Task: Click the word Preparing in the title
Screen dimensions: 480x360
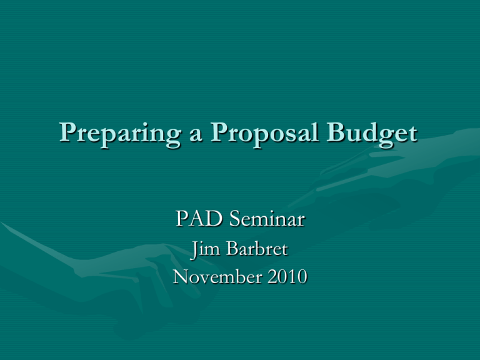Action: (120, 134)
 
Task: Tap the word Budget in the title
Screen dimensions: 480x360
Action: (372, 134)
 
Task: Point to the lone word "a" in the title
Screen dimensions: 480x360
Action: (196, 136)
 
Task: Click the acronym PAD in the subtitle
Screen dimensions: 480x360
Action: (199, 219)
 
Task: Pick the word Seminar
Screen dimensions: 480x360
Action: (267, 219)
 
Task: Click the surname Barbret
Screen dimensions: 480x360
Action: (257, 249)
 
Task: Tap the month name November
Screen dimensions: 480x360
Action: (217, 276)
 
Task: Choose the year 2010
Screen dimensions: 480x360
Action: (287, 276)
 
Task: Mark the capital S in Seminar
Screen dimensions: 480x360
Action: (235, 219)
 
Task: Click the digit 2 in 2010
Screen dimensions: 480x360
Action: (272, 277)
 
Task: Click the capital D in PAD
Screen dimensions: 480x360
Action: (214, 219)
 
